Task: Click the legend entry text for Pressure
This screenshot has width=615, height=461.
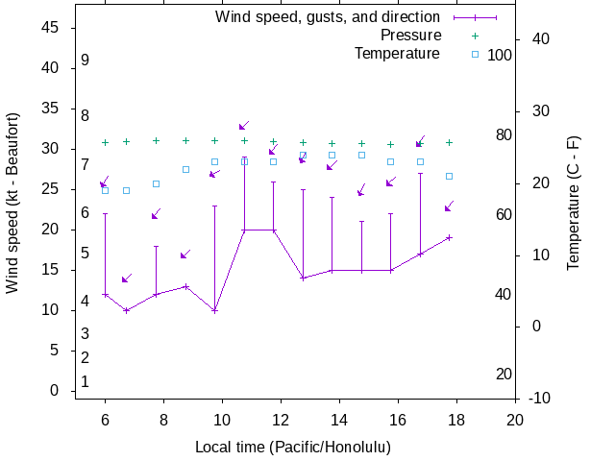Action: [x=410, y=36]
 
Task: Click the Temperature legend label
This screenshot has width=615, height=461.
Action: [x=397, y=54]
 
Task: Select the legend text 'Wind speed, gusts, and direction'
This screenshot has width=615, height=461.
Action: [x=328, y=17]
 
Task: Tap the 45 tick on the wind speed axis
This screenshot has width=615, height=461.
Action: [x=53, y=28]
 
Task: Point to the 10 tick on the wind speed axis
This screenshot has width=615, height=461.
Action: [x=53, y=310]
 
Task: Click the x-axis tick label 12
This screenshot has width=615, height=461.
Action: [x=281, y=420]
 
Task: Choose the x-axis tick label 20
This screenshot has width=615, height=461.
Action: [x=515, y=420]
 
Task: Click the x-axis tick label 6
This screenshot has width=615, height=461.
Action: [x=105, y=420]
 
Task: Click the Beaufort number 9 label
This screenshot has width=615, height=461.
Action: [x=86, y=60]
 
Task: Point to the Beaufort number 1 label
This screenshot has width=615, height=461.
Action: [x=86, y=381]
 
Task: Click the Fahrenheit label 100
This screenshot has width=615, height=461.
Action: [x=500, y=56]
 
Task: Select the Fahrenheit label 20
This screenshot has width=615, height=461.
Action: [x=504, y=374]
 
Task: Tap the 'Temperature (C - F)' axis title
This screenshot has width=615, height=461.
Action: [x=574, y=203]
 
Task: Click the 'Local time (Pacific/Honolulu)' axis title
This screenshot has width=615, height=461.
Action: [x=293, y=448]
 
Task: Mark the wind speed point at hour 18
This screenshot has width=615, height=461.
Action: [x=449, y=237]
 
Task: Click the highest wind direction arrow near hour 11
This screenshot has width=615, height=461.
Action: [x=244, y=125]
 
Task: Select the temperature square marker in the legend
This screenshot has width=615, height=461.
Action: [x=475, y=54]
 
